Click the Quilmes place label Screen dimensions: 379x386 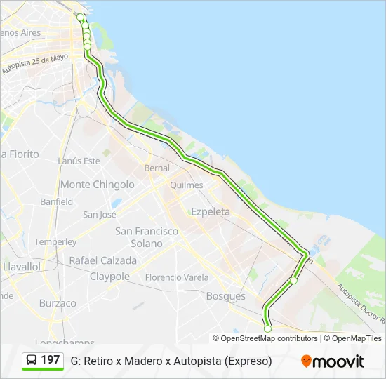tap(186, 185)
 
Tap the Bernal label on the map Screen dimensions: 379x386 tap(157, 168)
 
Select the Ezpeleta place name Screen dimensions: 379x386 tap(211, 211)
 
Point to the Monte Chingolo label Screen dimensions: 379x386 tap(98, 185)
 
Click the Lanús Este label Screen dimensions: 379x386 tap(79, 161)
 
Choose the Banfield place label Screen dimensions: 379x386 tap(56, 201)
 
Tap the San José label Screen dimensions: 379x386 tap(99, 215)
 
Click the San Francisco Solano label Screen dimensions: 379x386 tap(147, 237)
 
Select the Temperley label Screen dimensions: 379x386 tap(55, 241)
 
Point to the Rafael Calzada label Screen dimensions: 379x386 tap(102, 260)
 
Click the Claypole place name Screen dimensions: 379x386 tap(109, 277)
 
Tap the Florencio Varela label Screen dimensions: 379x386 tap(177, 277)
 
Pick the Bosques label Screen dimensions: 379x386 tap(226, 296)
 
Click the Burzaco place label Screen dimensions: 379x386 tap(58, 303)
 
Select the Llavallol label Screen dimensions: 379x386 tap(21, 267)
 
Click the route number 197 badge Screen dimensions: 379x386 tap(51, 360)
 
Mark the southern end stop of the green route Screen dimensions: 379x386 tap(267, 328)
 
